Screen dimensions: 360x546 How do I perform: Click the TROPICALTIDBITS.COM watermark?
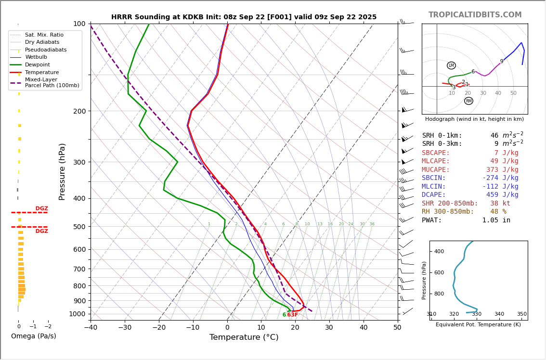click(475, 15)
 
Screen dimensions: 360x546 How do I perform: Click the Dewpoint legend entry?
click(37, 65)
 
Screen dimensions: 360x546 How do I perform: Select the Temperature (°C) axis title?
click(244, 337)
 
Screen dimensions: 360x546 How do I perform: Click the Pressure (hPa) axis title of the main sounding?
click(62, 171)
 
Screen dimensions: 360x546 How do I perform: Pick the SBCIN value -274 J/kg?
click(500, 178)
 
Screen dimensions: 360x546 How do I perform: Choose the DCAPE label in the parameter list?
click(434, 195)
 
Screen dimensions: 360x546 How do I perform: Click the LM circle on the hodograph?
click(451, 65)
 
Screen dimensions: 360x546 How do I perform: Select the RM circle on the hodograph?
click(468, 101)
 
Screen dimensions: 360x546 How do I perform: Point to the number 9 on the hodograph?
click(501, 62)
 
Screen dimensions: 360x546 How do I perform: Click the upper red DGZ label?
click(41, 209)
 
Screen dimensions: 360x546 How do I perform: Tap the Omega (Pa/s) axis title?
click(33, 336)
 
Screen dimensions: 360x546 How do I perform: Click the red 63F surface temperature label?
click(293, 315)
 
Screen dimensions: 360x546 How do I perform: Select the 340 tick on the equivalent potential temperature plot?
click(499, 314)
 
